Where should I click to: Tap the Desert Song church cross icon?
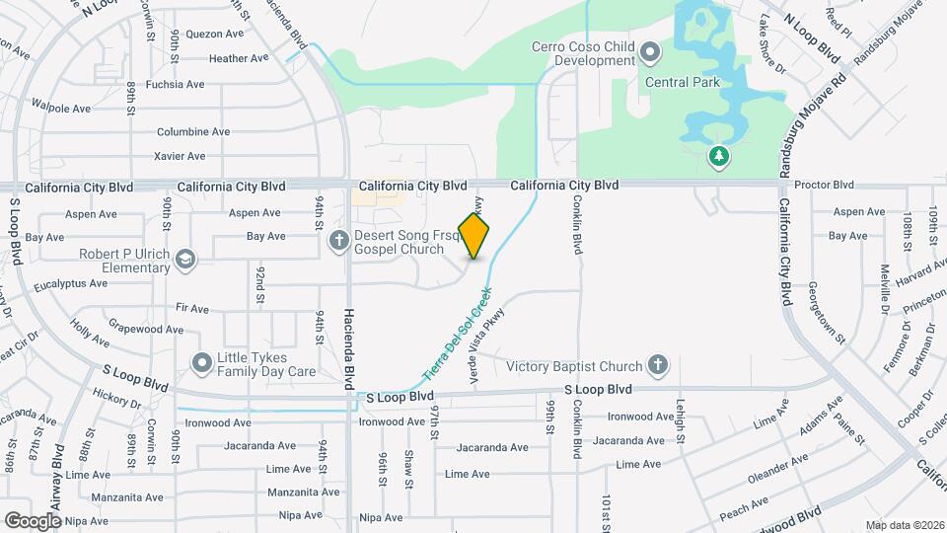pyautogui.click(x=338, y=238)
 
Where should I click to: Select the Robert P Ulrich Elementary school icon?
pyautogui.click(x=185, y=260)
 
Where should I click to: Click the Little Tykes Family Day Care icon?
pyautogui.click(x=202, y=362)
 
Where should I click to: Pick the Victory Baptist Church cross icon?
pyautogui.click(x=658, y=366)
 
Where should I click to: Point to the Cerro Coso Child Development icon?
pyautogui.click(x=649, y=51)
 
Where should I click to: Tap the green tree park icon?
pyautogui.click(x=719, y=155)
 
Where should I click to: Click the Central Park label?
pyautogui.click(x=683, y=83)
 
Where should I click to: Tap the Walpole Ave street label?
pyautogui.click(x=61, y=109)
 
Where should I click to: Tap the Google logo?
pyautogui.click(x=33, y=520)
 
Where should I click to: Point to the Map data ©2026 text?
pyautogui.click(x=904, y=524)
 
